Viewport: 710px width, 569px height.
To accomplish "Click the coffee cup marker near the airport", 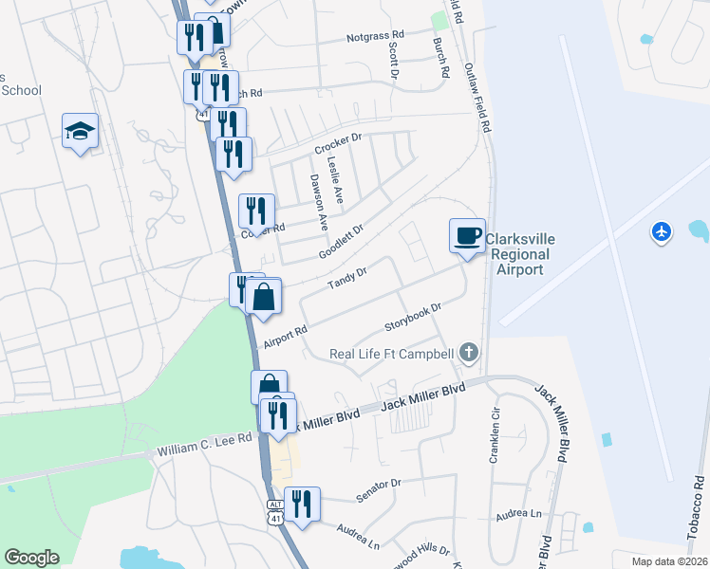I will [467, 236].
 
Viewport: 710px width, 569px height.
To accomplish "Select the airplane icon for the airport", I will [662, 230].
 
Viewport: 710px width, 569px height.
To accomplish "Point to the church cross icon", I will [467, 354].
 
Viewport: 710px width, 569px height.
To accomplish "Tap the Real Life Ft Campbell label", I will [392, 355].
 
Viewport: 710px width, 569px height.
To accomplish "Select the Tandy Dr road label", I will [346, 279].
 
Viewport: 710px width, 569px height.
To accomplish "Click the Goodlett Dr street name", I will [342, 241].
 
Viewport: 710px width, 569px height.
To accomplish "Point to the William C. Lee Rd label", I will [205, 442].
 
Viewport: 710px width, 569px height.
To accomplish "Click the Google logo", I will [31, 557].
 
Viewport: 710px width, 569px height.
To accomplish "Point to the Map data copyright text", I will [669, 561].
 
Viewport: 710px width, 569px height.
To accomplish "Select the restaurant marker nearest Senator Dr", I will [302, 505].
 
